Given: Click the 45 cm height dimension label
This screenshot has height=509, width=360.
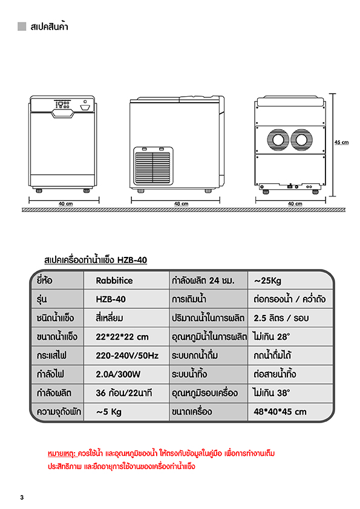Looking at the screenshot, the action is [x=341, y=142].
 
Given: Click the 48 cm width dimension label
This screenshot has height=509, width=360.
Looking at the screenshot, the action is [x=181, y=204].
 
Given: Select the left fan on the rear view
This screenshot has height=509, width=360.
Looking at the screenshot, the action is [x=278, y=140].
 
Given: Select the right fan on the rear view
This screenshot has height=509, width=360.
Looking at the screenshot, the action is [x=301, y=140].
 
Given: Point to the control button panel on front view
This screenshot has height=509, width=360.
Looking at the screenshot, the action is [x=62, y=105].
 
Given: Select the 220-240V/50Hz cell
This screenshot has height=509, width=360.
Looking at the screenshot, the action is [x=127, y=356].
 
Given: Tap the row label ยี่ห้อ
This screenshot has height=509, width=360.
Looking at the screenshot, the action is [x=45, y=280].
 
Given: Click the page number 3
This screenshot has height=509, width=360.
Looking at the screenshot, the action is [x=22, y=498].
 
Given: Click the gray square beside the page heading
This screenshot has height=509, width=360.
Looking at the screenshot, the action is [x=22, y=26].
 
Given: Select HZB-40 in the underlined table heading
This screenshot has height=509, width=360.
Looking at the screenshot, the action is [x=133, y=260].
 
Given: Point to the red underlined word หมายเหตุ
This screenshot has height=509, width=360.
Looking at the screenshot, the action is [x=62, y=453].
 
